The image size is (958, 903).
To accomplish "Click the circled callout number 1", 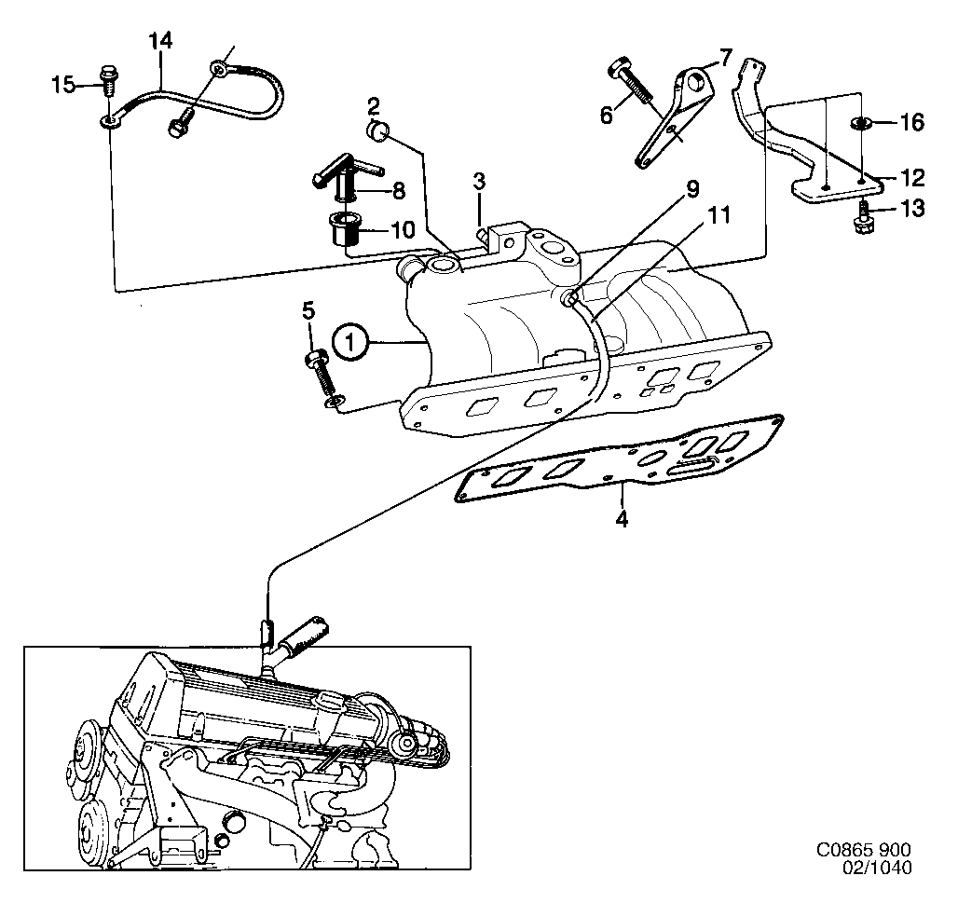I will [x=349, y=343].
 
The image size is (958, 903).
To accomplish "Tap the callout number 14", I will [x=160, y=41].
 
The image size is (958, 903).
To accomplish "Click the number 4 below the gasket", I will [x=622, y=518].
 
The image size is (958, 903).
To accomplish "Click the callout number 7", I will [x=726, y=57].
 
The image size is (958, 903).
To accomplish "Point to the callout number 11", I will [x=716, y=216].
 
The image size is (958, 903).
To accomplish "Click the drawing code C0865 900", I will [x=863, y=851].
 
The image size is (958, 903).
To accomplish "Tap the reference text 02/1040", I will [x=877, y=868].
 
